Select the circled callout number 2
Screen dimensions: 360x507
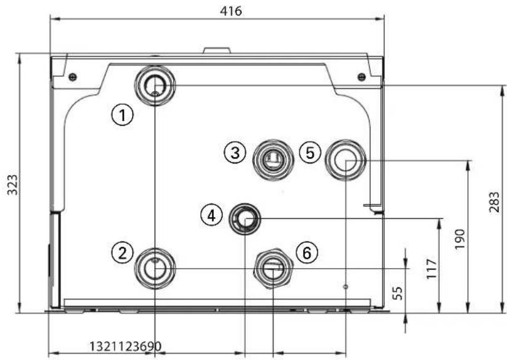(123, 252)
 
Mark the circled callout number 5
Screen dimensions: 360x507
(310, 152)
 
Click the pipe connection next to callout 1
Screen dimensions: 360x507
(154, 84)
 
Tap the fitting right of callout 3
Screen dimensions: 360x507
(271, 158)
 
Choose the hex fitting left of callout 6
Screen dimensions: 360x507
(272, 267)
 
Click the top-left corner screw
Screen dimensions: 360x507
(73, 76)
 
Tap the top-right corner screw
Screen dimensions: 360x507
(361, 76)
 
